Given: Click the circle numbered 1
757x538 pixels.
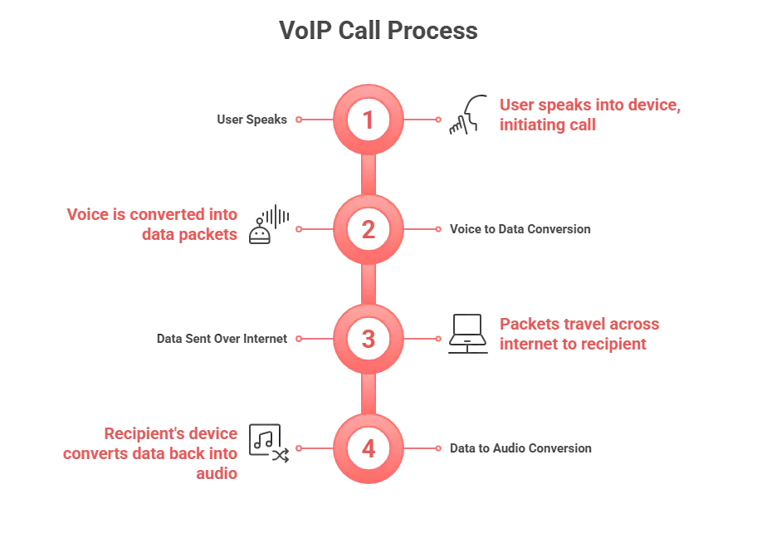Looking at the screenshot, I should coord(368,120).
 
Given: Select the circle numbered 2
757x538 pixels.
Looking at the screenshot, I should coord(368,229).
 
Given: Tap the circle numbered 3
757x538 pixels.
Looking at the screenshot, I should coord(368,339).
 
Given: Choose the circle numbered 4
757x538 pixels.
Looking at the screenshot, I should coord(368,449).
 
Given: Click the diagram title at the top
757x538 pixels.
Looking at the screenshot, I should coord(378,32).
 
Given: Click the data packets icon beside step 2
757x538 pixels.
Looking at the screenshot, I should coord(268,223).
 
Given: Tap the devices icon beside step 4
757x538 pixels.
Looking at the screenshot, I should coord(268,441).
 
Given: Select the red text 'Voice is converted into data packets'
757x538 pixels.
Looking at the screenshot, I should coord(152,224).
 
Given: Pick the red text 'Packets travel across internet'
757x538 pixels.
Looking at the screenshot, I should coord(579,334).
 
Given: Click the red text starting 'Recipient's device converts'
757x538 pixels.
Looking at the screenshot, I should coord(149,452).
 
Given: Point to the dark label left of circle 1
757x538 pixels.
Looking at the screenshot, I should coord(251,120).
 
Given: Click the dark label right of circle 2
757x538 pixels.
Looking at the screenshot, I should coord(518,230).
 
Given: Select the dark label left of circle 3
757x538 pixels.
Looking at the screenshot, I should coord(222,339).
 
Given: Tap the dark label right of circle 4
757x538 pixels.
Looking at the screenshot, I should coord(521,449).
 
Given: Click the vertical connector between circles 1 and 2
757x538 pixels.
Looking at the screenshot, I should coord(368,174).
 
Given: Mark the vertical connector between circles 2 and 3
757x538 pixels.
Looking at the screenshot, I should coord(368,284).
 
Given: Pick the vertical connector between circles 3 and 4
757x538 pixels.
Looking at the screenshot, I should coord(368,394).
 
